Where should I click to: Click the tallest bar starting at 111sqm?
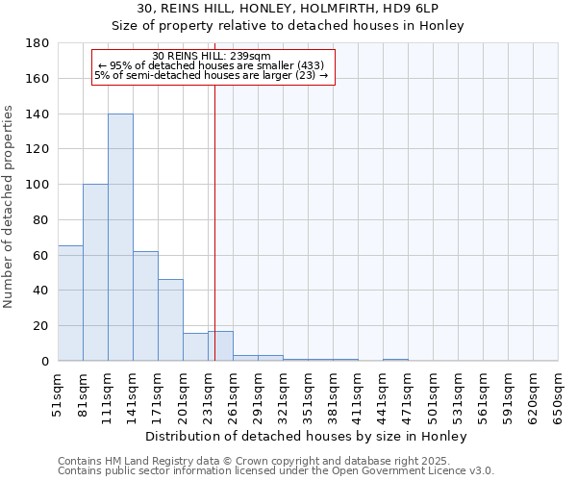click(x=120, y=237)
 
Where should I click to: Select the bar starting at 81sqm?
click(x=95, y=272)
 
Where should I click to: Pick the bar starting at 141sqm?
click(x=145, y=306)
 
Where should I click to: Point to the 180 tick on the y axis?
click(x=38, y=43)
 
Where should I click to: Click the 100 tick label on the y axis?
click(x=38, y=185)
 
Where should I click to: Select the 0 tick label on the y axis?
click(x=45, y=361)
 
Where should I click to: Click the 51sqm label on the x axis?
click(x=59, y=394)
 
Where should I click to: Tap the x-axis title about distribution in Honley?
click(x=308, y=436)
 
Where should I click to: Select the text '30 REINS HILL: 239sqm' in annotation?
click(x=213, y=56)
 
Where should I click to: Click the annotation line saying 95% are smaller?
click(x=213, y=65)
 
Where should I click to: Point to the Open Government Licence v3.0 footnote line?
click(x=275, y=470)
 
